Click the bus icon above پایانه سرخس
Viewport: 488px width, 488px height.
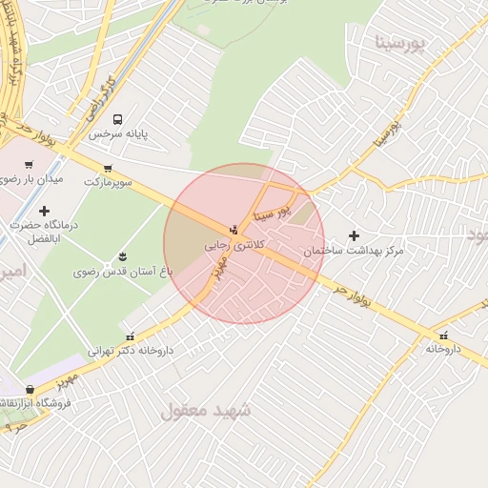pos(117,119)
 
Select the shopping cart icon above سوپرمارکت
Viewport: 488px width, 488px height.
pos(122,165)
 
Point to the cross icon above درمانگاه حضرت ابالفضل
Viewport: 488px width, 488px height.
pos(44,210)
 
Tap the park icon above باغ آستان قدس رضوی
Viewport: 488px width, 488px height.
pos(122,255)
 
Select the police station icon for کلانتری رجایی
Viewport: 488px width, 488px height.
pos(234,230)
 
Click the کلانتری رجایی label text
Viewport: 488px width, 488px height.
pos(234,245)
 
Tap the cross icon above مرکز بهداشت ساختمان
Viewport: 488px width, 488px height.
pos(355,234)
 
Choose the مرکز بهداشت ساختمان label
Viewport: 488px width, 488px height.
pos(354,251)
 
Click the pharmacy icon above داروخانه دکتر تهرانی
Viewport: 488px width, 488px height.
pos(130,335)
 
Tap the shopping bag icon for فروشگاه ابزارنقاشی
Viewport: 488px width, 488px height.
pos(30,389)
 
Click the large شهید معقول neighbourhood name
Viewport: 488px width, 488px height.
pos(206,411)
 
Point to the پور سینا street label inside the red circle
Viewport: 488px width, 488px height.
pos(272,211)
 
